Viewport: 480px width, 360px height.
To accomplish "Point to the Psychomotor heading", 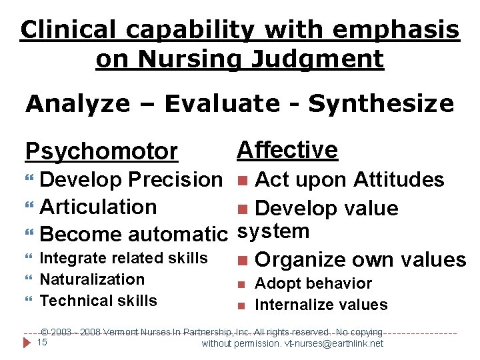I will click(x=101, y=152).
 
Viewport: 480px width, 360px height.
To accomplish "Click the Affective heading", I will click(x=287, y=150).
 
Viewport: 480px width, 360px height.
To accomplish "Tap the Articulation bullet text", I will click(x=99, y=207).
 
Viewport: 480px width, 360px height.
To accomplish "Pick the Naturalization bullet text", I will click(x=92, y=279).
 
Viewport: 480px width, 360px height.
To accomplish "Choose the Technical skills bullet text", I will click(x=99, y=301).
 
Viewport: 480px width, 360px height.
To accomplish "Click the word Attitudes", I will click(x=399, y=180).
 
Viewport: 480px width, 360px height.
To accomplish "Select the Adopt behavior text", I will click(x=313, y=283).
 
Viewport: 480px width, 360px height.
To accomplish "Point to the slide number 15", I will click(x=41, y=343).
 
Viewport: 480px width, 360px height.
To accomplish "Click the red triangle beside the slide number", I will click(x=27, y=343).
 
